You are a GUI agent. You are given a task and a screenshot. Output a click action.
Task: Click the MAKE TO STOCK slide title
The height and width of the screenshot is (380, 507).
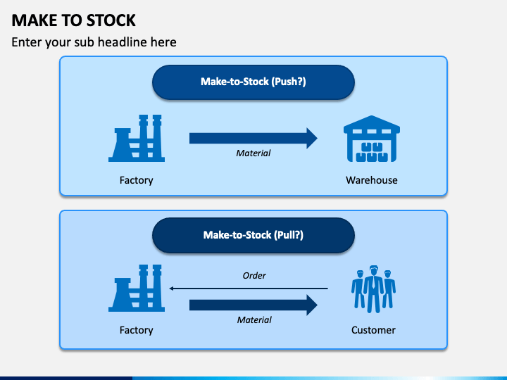[x=73, y=20]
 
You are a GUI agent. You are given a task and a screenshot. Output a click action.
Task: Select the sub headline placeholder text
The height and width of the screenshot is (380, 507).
[x=94, y=42]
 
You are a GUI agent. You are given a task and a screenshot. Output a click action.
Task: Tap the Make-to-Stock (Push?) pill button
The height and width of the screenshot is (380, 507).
[x=254, y=82]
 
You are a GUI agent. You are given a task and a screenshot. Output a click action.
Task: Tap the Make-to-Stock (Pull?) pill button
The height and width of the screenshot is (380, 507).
[x=254, y=235]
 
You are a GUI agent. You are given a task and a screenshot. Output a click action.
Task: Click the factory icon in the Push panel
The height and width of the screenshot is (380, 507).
[x=137, y=139]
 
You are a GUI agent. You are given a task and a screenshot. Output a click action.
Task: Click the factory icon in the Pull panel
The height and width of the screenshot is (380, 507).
[x=137, y=289]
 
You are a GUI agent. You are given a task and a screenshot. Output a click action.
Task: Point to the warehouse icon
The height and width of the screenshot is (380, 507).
[x=372, y=139]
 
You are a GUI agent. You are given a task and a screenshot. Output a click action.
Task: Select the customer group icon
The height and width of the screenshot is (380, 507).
[x=373, y=289]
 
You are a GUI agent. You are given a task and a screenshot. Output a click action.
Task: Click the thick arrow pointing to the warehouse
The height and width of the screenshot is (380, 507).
[x=254, y=139]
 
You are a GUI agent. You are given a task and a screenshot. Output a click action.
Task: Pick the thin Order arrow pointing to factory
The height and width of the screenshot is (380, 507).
[x=249, y=289]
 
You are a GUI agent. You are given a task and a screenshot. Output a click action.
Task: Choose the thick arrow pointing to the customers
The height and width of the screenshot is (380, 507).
[x=254, y=305]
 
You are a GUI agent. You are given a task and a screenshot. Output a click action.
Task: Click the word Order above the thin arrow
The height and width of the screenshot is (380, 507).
[x=254, y=276]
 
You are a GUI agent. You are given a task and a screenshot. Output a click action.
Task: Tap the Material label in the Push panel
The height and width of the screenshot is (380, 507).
[x=254, y=153]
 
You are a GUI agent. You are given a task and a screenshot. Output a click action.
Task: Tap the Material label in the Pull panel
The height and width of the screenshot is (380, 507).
[x=254, y=320]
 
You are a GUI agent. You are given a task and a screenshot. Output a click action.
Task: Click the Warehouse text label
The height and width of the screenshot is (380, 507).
[x=372, y=180]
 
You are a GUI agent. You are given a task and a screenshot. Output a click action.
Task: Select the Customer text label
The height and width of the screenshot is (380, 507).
[x=373, y=330]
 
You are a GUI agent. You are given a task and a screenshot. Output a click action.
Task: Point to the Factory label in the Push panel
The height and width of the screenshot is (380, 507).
[x=136, y=180]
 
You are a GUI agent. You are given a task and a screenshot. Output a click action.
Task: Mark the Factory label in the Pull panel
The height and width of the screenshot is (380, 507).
[x=136, y=330]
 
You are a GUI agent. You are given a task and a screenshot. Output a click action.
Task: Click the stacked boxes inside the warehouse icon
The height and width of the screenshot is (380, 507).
[x=372, y=152]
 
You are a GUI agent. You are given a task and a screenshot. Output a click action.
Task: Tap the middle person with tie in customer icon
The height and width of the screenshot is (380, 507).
[x=374, y=289]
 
